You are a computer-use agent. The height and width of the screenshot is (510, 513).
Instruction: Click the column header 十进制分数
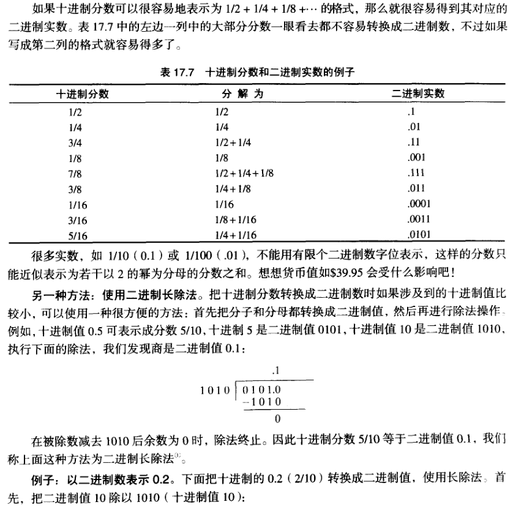click(83, 94)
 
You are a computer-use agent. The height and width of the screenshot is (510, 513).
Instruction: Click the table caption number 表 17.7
click(177, 72)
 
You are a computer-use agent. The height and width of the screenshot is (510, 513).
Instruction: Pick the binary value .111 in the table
click(416, 173)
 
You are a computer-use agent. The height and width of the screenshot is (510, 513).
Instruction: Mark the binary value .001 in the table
click(416, 158)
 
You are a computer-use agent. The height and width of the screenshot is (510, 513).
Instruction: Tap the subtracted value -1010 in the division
click(261, 402)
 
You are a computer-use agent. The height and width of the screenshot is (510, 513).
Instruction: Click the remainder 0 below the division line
click(277, 419)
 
